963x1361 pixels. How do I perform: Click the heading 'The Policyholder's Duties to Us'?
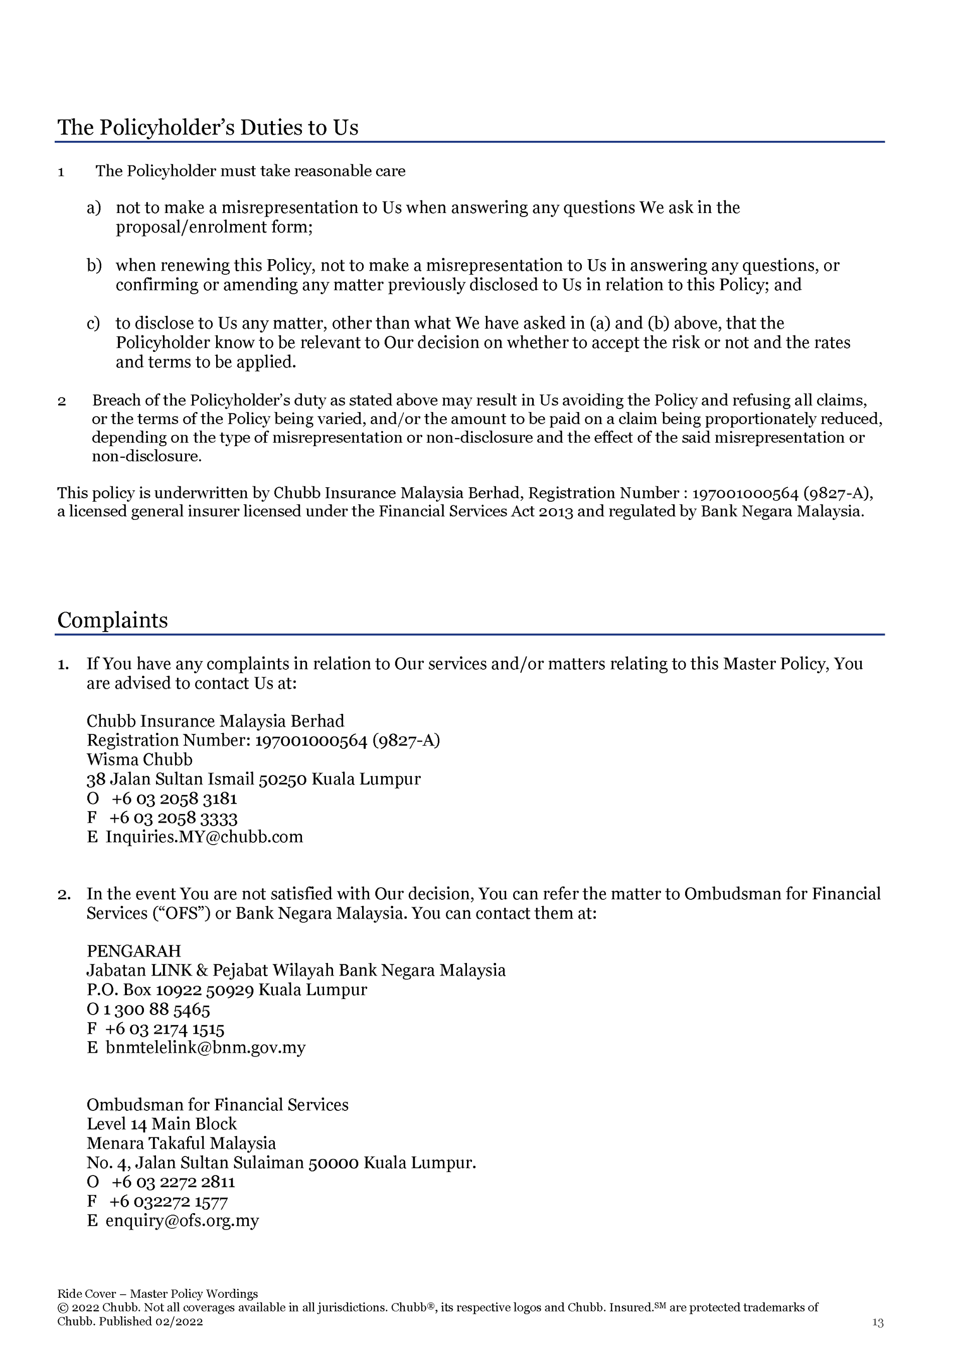pyautogui.click(x=208, y=127)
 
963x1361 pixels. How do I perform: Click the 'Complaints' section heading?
pyautogui.click(x=113, y=620)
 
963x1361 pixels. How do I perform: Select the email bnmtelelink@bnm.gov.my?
pyautogui.click(x=205, y=1047)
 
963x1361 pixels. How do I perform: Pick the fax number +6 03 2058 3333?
pyautogui.click(x=173, y=818)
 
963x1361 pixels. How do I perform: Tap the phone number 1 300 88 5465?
pyautogui.click(x=156, y=1010)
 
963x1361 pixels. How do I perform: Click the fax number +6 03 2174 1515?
pyautogui.click(x=165, y=1029)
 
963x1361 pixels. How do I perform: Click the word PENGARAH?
pyautogui.click(x=133, y=951)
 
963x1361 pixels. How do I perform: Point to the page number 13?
pyautogui.click(x=878, y=1322)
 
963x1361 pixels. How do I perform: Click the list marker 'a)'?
pyautogui.click(x=94, y=208)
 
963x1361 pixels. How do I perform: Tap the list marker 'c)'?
pyautogui.click(x=93, y=324)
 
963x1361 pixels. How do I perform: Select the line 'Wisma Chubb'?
pyautogui.click(x=139, y=759)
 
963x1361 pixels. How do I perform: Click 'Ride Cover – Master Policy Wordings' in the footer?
pyautogui.click(x=157, y=1293)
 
